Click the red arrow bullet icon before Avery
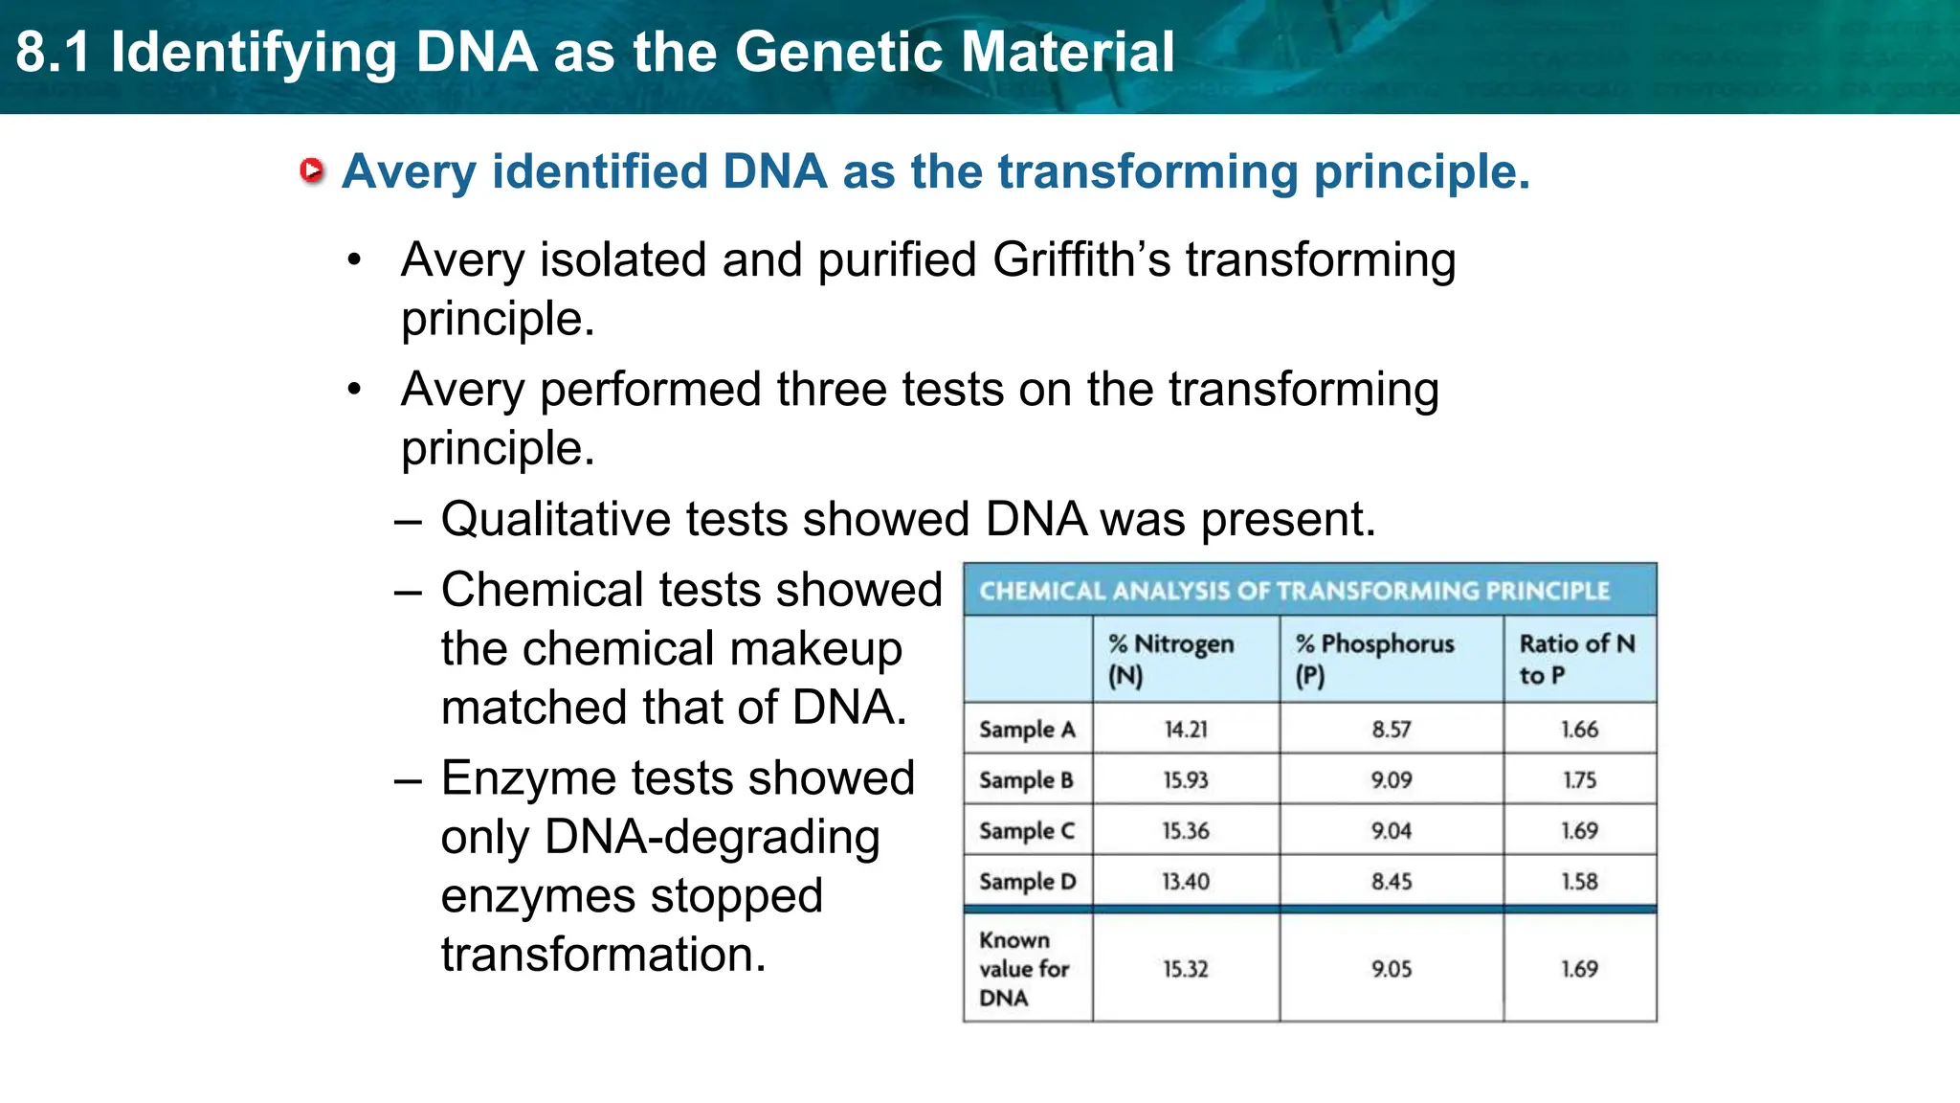[x=312, y=171]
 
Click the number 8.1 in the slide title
[x=53, y=52]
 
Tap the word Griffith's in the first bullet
[x=1080, y=260]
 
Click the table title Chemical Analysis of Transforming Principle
[x=1294, y=591]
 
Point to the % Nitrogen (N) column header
[x=1170, y=659]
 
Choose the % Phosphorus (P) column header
[x=1374, y=659]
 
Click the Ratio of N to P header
[x=1576, y=659]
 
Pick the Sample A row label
[x=1027, y=730]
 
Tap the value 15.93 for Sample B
[x=1186, y=780]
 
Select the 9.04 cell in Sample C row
[x=1391, y=831]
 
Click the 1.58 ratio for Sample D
[x=1579, y=882]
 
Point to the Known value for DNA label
[x=1023, y=969]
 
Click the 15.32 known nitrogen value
[x=1186, y=969]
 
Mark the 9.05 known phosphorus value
[x=1391, y=969]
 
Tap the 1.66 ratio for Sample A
[x=1579, y=730]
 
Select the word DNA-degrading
[x=711, y=838]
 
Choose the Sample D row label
[x=1027, y=882]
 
